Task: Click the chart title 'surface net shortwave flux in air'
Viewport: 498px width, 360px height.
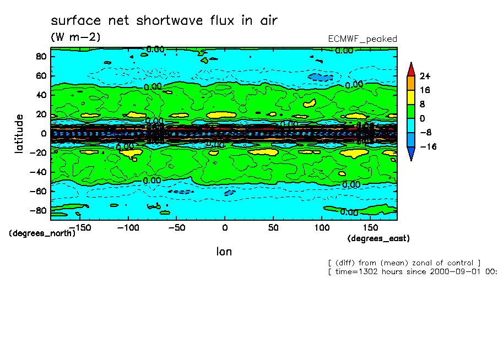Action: pyautogui.click(x=164, y=21)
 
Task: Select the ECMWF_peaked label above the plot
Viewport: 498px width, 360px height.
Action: pyautogui.click(x=362, y=39)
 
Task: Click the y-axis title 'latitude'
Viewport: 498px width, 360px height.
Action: pyautogui.click(x=19, y=134)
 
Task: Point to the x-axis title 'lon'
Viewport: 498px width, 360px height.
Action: pyautogui.click(x=224, y=252)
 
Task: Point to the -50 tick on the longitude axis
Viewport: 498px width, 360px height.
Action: pyautogui.click(x=176, y=227)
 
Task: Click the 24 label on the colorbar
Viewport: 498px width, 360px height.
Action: pyautogui.click(x=425, y=76)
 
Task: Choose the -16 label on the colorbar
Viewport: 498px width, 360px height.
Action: pyautogui.click(x=427, y=146)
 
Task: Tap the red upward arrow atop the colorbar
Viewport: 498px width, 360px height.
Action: pyautogui.click(x=410, y=69)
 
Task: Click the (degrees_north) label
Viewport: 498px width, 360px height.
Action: pyautogui.click(x=42, y=233)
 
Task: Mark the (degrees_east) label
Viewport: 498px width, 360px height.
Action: pyautogui.click(x=378, y=238)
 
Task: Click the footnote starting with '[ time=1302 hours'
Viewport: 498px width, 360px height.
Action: pyautogui.click(x=412, y=271)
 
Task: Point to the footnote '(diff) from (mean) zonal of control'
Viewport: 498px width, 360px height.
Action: pyautogui.click(x=404, y=263)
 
